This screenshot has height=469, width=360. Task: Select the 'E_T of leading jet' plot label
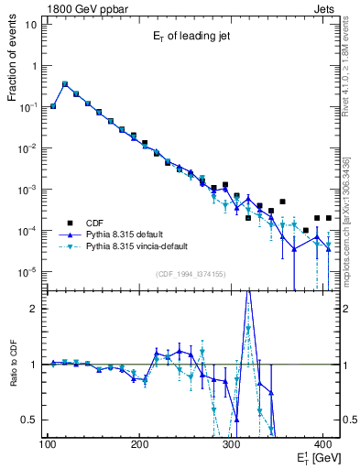[x=191, y=38]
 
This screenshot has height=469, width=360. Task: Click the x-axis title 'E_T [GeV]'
[x=313, y=457]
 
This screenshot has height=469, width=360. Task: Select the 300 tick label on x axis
[x=232, y=444]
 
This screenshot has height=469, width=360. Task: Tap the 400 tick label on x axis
[x=324, y=444]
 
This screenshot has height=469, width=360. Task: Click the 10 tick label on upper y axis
[x=30, y=25]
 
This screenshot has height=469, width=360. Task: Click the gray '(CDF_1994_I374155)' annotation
[x=191, y=273]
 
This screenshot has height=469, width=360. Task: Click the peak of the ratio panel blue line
[x=248, y=291]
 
